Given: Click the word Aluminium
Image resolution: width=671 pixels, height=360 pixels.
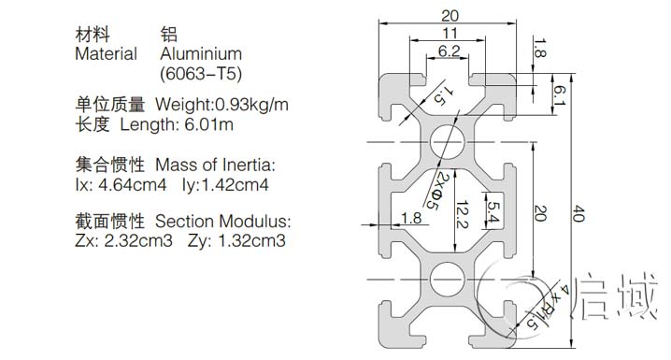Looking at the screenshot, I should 201,54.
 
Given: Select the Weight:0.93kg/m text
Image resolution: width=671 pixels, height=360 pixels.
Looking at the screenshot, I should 221,104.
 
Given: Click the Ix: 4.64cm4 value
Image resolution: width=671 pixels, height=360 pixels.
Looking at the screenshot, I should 121,184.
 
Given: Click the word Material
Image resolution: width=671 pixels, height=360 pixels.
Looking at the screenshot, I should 106,54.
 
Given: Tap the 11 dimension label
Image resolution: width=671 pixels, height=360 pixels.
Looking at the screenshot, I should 450,33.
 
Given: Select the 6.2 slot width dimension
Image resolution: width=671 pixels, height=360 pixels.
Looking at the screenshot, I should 449,50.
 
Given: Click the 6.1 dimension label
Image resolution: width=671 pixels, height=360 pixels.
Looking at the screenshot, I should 558,94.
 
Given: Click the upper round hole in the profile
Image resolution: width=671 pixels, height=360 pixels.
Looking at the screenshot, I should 450,141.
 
